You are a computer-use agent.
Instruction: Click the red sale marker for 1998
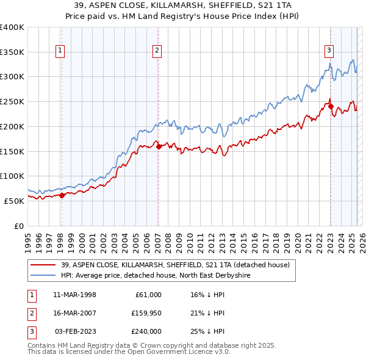[62, 195]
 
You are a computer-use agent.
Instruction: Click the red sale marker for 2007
[158, 146]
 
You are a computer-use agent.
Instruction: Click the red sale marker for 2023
[330, 106]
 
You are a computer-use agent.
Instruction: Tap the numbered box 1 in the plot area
[61, 51]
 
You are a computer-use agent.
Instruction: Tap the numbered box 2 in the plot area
[157, 51]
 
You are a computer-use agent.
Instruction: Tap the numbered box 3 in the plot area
[329, 51]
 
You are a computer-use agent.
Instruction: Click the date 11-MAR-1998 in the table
[75, 295]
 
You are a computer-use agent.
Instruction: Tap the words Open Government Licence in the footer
[178, 352]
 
